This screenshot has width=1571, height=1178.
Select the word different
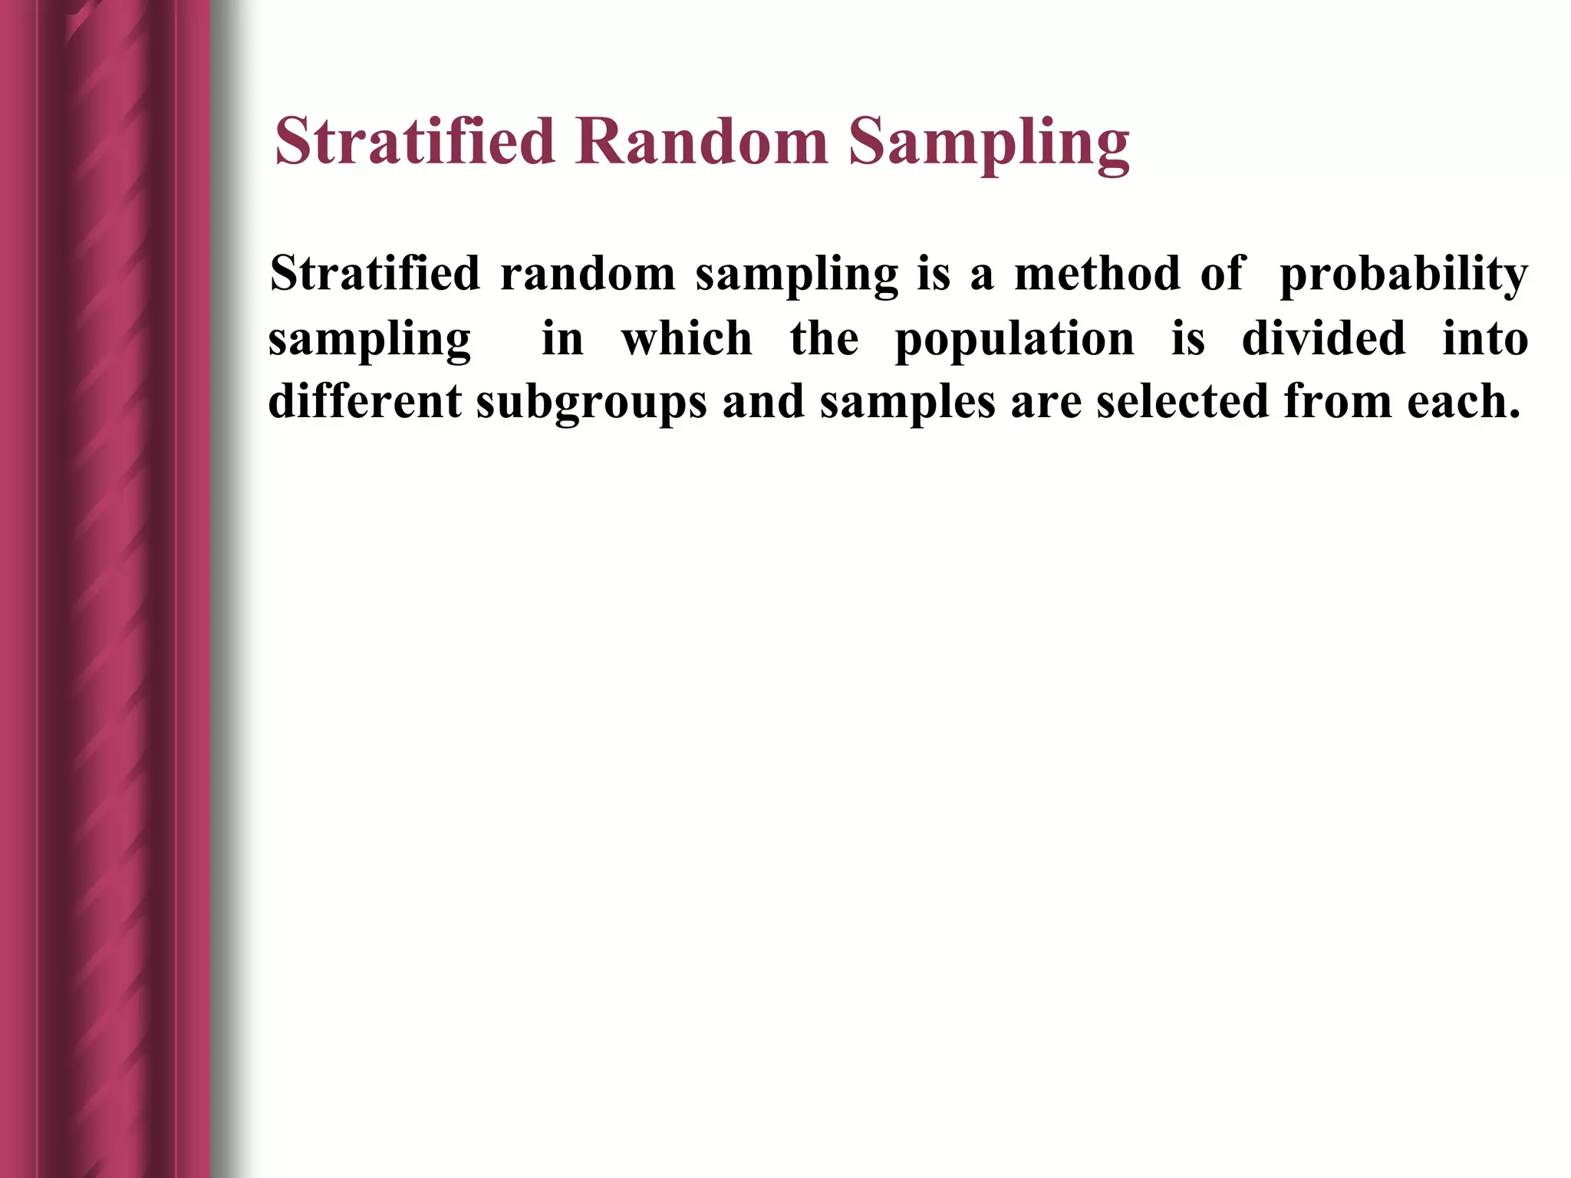[364, 400]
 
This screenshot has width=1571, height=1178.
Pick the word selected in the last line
[1182, 400]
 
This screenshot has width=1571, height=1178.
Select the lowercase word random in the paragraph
[587, 273]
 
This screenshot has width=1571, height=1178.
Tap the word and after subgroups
[763, 400]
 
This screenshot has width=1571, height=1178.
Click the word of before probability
[1221, 273]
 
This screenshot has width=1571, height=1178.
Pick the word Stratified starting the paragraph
[374, 273]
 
